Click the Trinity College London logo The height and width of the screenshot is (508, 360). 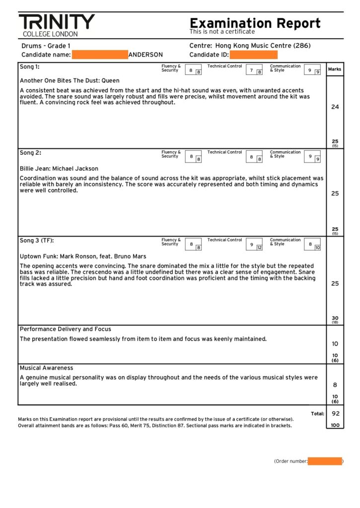point(57,25)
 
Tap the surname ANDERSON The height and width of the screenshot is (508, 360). point(145,55)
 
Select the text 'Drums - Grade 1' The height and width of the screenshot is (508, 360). point(46,46)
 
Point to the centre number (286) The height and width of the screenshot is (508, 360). point(301,46)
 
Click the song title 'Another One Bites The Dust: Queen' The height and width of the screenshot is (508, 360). point(70,80)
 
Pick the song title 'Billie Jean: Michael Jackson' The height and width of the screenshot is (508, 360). point(59,169)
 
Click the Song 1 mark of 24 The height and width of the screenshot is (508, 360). point(335,107)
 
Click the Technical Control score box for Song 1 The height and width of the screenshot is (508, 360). point(254,70)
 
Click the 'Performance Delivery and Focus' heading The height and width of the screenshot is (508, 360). point(66,329)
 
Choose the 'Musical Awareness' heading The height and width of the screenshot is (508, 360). point(46,368)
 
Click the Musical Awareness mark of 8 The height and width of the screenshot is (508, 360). point(335,384)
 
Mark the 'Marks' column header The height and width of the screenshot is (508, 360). point(335,69)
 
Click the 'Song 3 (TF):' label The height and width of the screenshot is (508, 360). point(37,241)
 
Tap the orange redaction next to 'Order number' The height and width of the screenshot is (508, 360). point(325,461)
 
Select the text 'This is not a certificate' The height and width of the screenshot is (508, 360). point(222,32)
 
